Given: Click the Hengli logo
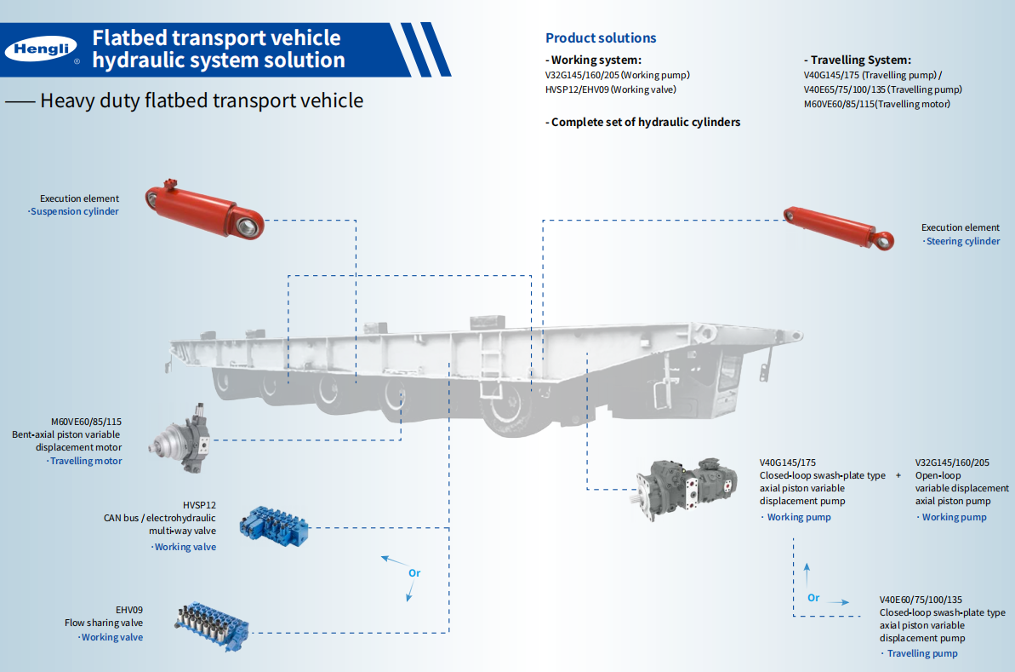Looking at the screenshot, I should tap(41, 49).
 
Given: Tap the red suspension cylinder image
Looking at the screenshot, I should tap(202, 209).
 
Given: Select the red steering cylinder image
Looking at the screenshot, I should tap(838, 227).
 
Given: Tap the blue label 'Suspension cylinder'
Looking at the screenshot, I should tap(75, 211).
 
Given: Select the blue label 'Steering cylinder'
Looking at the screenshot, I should tap(962, 241).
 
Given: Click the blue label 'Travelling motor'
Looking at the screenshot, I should tap(86, 461).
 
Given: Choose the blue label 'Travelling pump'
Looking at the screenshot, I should tap(922, 653).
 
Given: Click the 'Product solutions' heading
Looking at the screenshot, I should tap(601, 37).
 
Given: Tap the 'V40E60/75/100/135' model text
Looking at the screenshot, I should tap(921, 600).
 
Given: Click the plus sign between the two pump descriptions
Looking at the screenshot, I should tap(898, 475).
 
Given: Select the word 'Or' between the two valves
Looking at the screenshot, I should tap(414, 573).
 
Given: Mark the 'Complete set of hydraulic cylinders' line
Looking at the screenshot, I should tap(643, 122).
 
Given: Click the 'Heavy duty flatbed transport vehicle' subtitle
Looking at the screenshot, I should tap(202, 101).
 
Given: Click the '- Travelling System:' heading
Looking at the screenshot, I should tap(857, 60).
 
